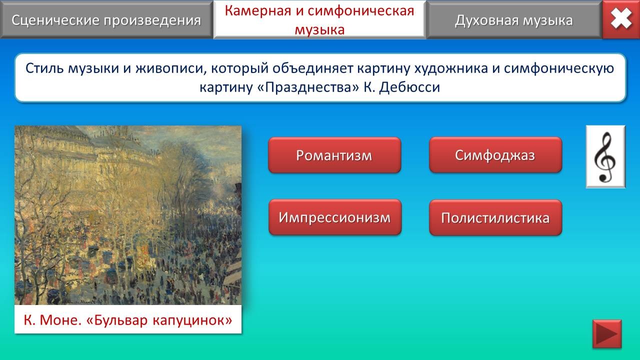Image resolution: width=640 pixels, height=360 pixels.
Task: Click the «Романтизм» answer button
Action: pos(334,155)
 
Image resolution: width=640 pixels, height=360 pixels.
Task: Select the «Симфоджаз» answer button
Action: pos(495,155)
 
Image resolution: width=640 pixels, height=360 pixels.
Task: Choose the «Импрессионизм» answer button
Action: pos(335,217)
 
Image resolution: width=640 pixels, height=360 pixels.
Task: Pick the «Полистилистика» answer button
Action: pos(495,217)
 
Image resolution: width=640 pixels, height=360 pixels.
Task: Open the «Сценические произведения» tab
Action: pos(106,19)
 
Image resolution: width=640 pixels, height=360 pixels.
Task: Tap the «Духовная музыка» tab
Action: pos(514,19)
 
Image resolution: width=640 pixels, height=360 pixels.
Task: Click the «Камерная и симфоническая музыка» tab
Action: pos(319,19)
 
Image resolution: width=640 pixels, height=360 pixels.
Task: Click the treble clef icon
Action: pos(605,156)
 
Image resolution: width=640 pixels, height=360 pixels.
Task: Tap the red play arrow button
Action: pos(607,333)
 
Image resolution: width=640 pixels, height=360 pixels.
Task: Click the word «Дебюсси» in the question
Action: pos(409,87)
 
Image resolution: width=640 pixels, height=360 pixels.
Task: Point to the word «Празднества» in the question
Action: pos(308,87)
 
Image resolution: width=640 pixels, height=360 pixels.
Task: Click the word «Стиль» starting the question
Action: pos(44,68)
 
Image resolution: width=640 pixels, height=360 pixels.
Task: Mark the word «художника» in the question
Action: pos(451,68)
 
